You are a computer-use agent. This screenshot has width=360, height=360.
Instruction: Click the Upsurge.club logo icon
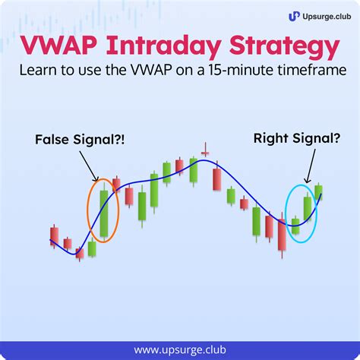tap(294, 15)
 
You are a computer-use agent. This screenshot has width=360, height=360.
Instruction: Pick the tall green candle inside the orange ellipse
tap(104, 213)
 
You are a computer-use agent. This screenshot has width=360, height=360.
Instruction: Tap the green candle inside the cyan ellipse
tap(308, 209)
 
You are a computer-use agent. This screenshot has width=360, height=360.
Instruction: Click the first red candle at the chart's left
tap(54, 235)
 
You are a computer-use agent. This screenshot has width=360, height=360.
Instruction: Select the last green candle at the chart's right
tap(319, 192)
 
